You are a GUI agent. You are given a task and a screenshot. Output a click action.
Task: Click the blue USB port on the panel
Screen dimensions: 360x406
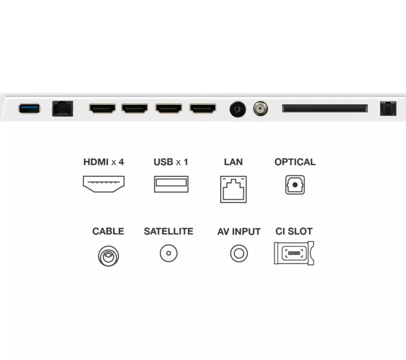[x=29, y=108]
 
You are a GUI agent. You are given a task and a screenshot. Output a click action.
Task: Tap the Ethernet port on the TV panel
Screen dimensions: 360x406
[x=63, y=108]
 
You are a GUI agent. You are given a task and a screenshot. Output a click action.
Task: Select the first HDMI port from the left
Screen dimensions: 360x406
[x=102, y=108]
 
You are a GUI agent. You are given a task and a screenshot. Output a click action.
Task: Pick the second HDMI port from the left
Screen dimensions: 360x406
[x=135, y=108]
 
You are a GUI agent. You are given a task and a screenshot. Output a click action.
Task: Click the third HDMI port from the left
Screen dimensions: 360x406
[x=168, y=108]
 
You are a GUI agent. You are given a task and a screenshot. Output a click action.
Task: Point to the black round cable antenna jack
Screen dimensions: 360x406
[x=238, y=109]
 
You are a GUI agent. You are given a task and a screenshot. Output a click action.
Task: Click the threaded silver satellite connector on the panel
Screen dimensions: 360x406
[x=260, y=108]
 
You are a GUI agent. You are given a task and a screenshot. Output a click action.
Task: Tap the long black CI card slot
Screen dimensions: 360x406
[x=325, y=108]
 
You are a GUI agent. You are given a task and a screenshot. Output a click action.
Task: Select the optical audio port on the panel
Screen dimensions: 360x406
[x=388, y=108]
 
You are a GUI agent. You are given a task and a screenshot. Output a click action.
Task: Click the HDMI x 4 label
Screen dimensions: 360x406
[x=104, y=162]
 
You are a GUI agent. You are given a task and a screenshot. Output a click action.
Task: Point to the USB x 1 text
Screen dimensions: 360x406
[x=171, y=162]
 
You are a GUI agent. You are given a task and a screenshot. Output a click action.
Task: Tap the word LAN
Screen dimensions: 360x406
[x=233, y=162]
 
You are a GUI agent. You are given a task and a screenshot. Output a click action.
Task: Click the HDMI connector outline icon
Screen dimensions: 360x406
[x=104, y=184]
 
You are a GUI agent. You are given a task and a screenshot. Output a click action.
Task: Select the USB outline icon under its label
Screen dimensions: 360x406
[x=171, y=184]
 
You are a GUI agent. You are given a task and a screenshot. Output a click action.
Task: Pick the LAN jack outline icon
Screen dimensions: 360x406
[x=233, y=189]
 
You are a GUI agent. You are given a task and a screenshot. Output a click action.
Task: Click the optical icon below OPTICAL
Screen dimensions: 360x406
[x=295, y=185]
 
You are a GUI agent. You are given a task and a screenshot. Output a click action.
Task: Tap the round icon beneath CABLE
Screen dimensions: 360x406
[x=108, y=256]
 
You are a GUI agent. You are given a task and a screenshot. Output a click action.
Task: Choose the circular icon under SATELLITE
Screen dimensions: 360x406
[x=168, y=254]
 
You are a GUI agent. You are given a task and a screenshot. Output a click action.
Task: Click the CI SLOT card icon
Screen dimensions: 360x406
[x=294, y=254]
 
